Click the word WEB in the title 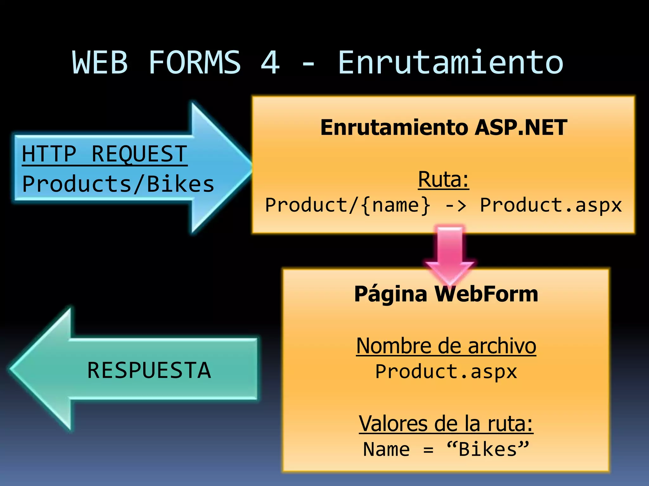100,63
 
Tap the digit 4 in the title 270,63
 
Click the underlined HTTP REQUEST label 105,154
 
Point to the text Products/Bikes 118,184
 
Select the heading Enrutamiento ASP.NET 444,128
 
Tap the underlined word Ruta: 443,180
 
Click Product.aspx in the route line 551,205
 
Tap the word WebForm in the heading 486,294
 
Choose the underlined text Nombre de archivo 446,346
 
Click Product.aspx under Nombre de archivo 446,372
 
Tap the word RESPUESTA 149,371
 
